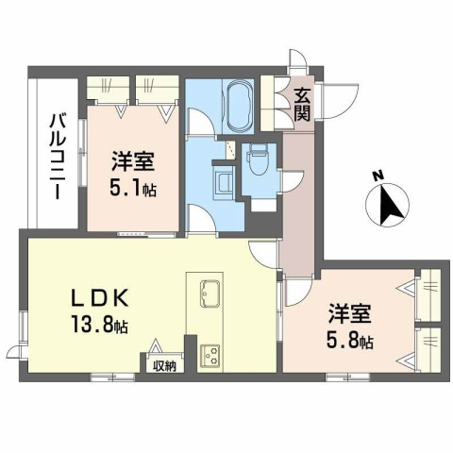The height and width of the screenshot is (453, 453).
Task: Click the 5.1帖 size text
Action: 131,188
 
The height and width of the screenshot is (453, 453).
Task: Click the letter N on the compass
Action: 377,176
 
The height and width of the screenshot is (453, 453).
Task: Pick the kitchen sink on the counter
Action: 210,294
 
